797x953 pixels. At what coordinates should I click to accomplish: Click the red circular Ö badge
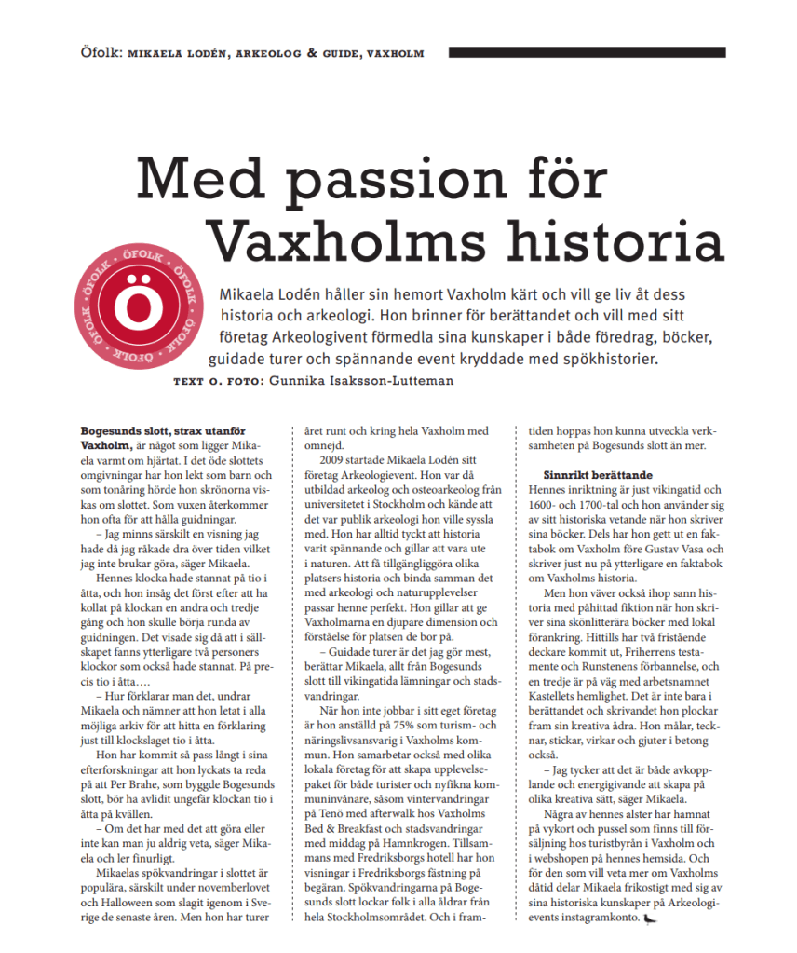(144, 306)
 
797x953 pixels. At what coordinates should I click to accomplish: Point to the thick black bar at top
(587, 52)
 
